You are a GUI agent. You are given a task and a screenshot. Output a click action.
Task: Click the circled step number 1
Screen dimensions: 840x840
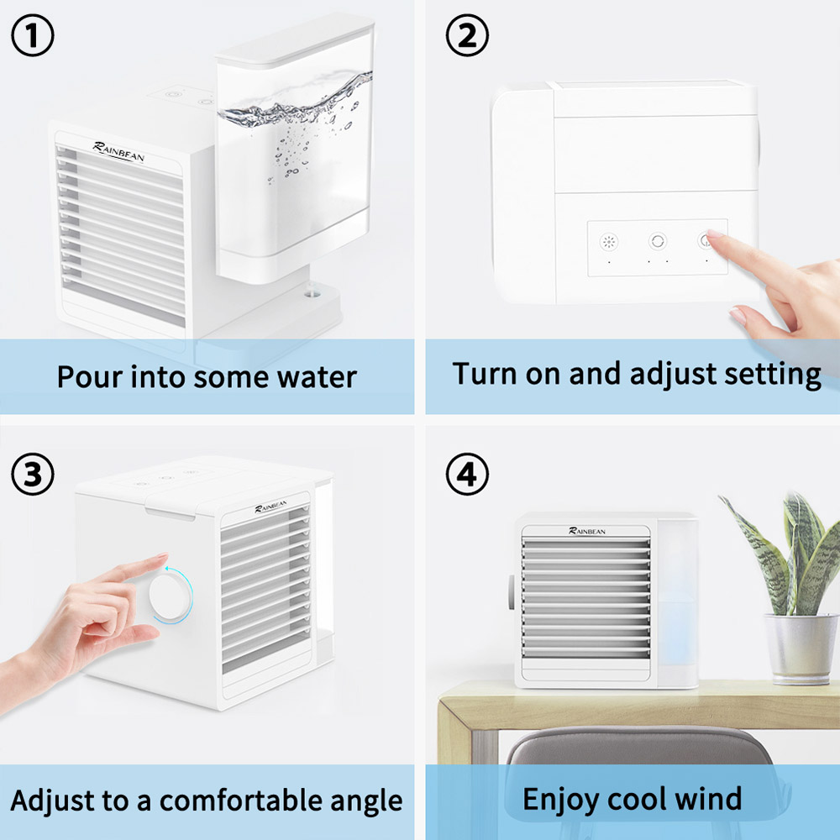tap(33, 36)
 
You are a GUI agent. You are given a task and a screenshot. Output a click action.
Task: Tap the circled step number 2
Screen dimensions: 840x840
tap(467, 36)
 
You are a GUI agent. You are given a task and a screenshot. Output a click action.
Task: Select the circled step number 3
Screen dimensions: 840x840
tap(33, 475)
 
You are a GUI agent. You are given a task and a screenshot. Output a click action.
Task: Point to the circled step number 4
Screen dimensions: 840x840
tap(467, 475)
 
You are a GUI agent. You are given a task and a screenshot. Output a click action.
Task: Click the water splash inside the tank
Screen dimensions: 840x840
tap(294, 109)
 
